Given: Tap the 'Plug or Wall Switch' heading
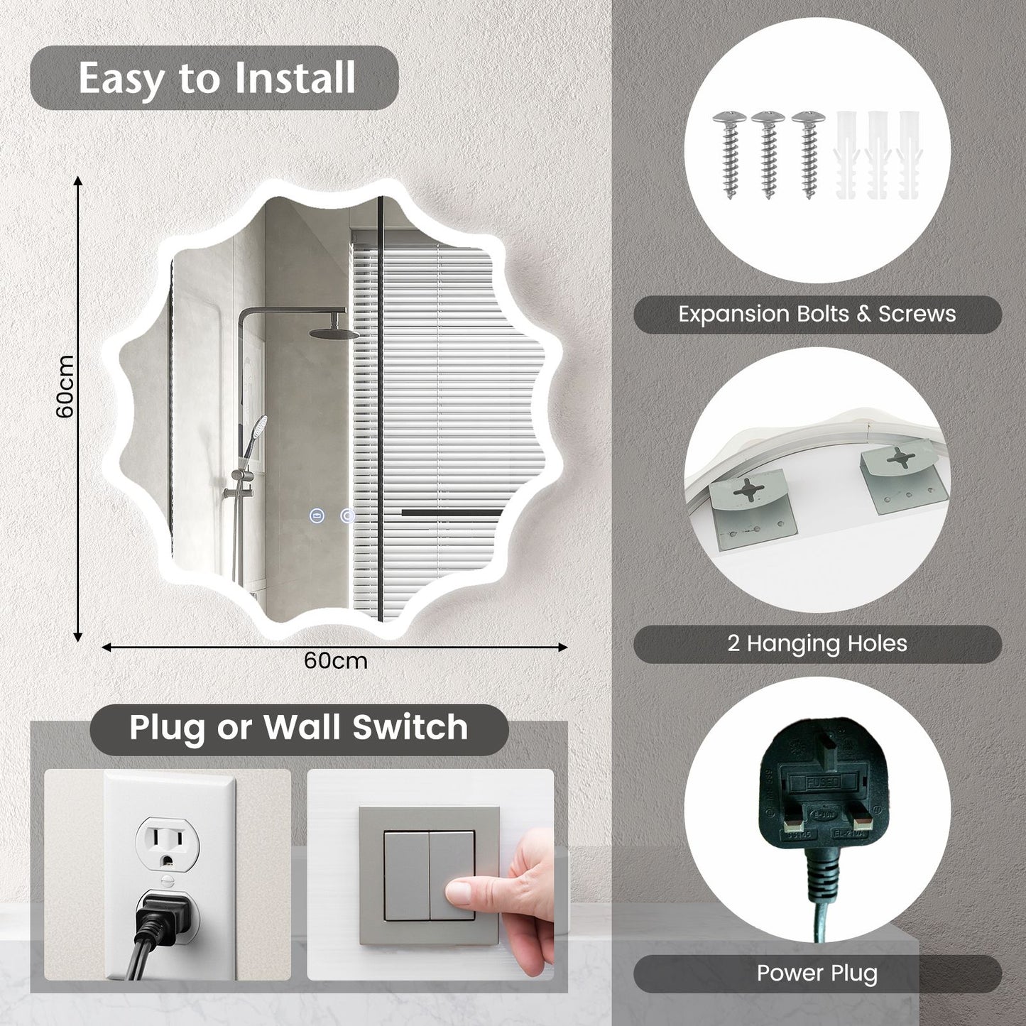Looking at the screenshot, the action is pyautogui.click(x=299, y=727).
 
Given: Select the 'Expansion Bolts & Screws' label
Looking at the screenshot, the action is pyautogui.click(x=817, y=314).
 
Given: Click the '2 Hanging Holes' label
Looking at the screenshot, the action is pyautogui.click(x=817, y=644).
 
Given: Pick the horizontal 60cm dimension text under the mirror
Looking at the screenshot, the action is pyautogui.click(x=335, y=661).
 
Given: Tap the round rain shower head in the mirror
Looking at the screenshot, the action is pyautogui.click(x=334, y=332).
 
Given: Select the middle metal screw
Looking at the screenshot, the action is pyautogui.click(x=768, y=154).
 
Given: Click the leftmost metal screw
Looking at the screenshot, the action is pyautogui.click(x=729, y=154).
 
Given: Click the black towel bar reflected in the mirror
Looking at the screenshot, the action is pyautogui.click(x=452, y=513).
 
